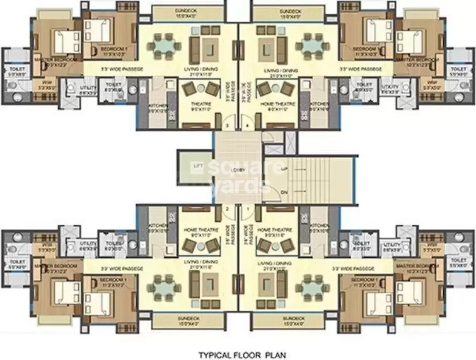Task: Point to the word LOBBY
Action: (x=238, y=170)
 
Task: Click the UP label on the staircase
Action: (x=284, y=169)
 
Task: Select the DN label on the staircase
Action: (x=284, y=192)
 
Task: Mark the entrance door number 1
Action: (x=249, y=209)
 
